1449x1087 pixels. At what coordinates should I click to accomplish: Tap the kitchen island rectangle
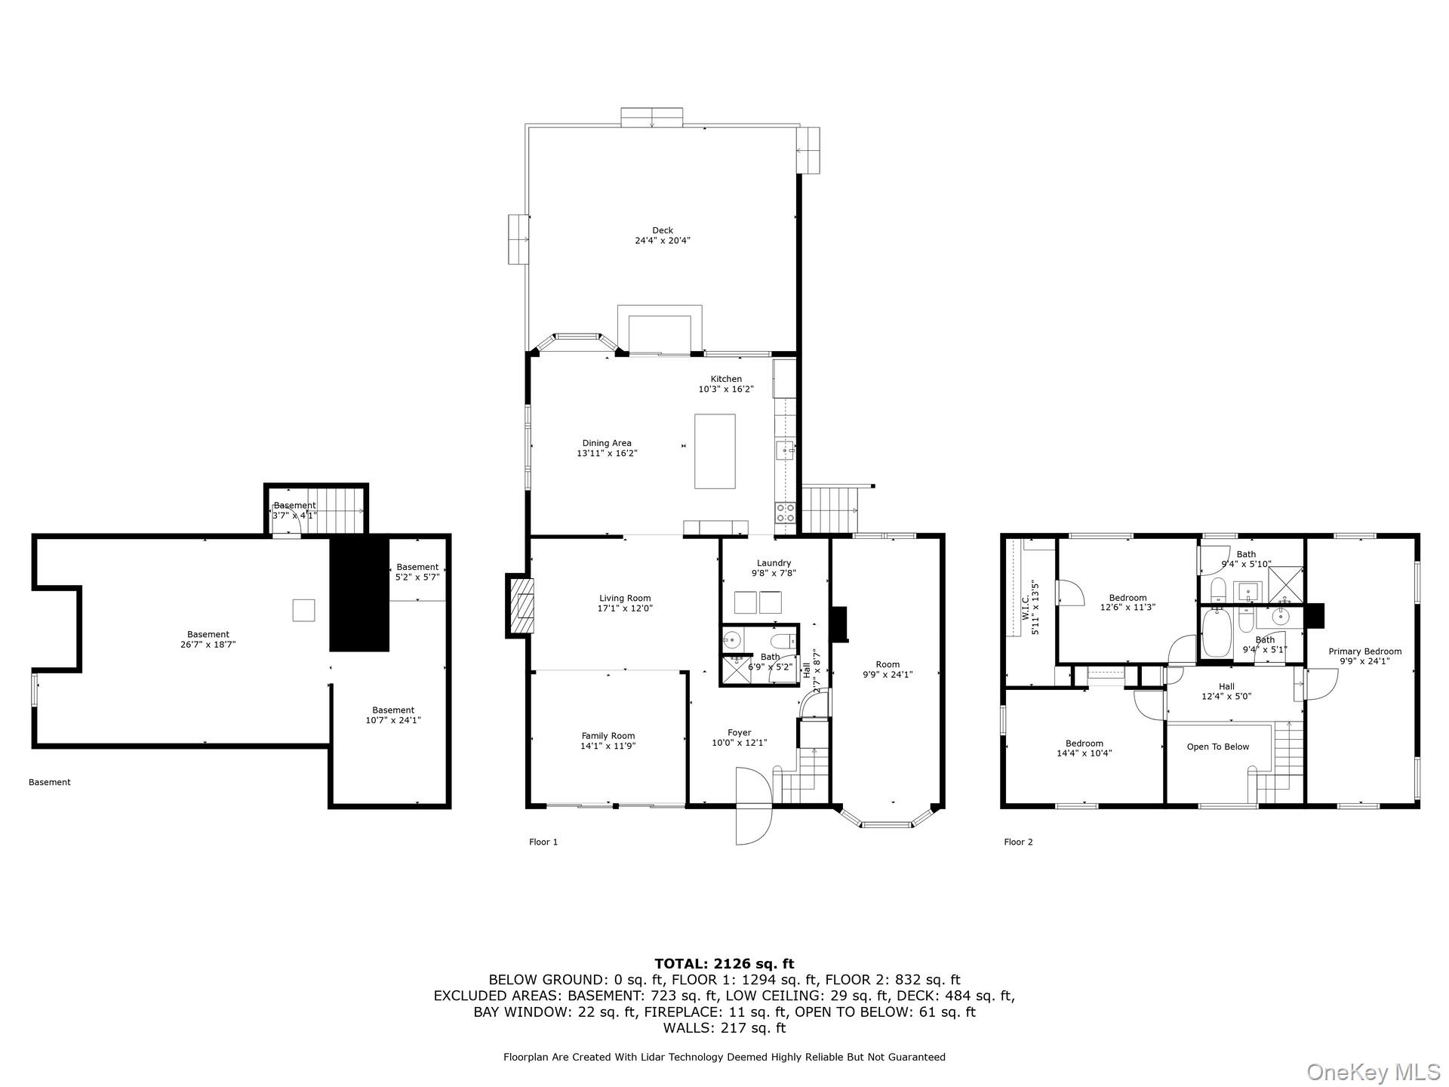(x=714, y=451)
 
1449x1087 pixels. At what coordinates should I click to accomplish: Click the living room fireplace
(x=521, y=605)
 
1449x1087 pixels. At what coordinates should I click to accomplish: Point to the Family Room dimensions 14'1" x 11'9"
(x=608, y=746)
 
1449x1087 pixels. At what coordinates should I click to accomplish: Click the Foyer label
(x=739, y=733)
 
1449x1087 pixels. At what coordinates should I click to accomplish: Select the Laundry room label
(x=774, y=563)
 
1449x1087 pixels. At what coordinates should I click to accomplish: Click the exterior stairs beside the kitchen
(x=829, y=510)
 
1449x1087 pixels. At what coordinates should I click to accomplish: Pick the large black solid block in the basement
(x=359, y=594)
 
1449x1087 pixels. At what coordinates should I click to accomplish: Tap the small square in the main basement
(x=303, y=610)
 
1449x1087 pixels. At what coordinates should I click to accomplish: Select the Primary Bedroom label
(x=1364, y=651)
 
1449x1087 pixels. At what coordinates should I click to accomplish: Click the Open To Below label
(x=1217, y=747)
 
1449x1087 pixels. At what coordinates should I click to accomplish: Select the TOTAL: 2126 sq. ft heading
(x=724, y=964)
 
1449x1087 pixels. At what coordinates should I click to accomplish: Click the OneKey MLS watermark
(x=1373, y=1072)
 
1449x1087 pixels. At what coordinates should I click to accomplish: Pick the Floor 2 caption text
(x=1018, y=842)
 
